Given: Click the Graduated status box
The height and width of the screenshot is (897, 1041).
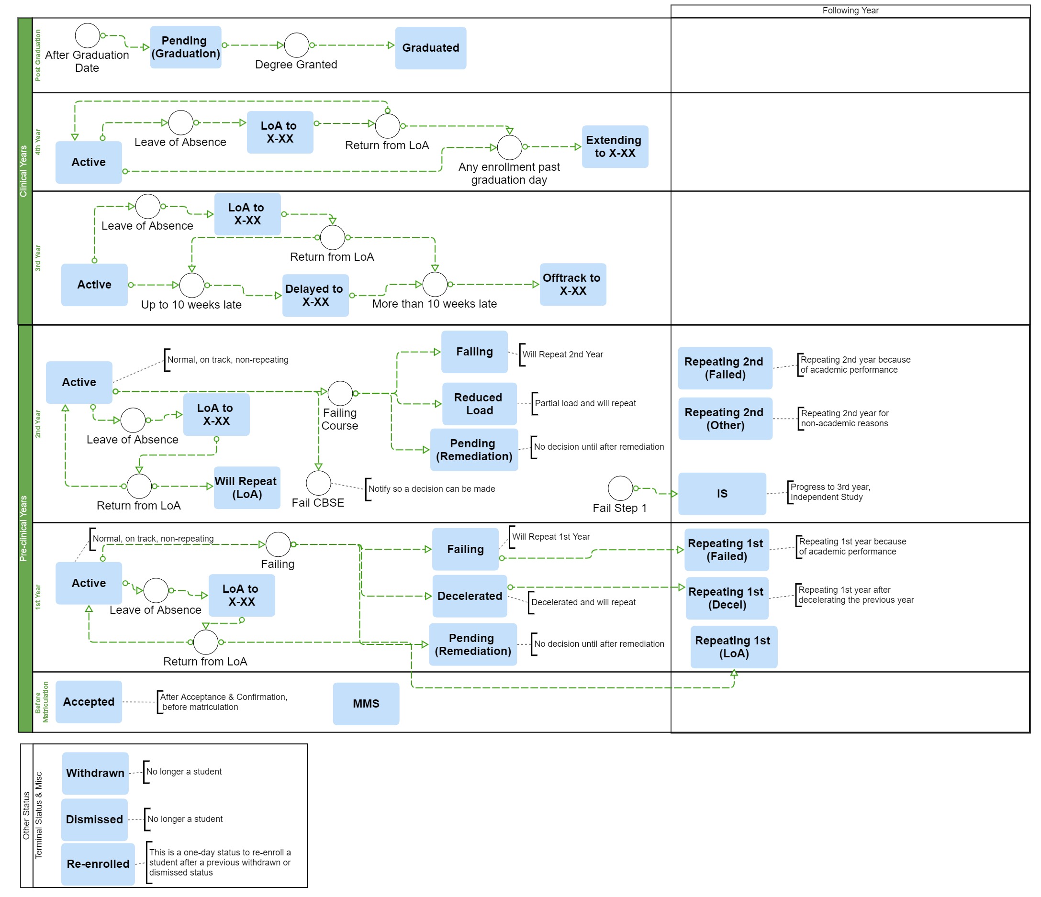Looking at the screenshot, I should pos(431,48).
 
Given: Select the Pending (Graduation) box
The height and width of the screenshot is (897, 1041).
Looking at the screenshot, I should pos(185,47).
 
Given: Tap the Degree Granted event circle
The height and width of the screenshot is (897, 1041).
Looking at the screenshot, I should pos(296,45).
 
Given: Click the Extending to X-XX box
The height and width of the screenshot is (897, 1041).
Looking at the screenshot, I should pos(615,147).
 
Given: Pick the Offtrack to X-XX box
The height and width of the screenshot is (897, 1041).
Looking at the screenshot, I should pos(572,284).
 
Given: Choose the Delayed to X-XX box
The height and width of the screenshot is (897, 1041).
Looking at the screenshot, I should pos(315,295).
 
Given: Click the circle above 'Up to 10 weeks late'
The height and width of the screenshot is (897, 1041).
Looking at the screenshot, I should pos(192,285).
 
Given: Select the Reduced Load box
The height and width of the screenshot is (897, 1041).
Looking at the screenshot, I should pos(479,404).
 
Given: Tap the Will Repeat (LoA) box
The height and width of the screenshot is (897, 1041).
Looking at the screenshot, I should pos(246,487).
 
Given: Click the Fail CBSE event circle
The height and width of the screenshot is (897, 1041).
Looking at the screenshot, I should pos(318,483).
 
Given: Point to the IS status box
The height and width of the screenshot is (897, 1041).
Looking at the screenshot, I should pos(721,494).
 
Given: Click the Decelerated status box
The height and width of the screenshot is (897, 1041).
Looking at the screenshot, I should pos(469,596).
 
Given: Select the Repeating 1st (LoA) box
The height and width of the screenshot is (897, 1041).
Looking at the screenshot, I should pos(733,647).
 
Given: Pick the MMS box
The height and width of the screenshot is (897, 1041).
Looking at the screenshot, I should pos(366,704).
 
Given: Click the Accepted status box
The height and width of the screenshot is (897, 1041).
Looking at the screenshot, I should pos(89,702).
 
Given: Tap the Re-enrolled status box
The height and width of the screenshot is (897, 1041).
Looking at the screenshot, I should pos(98,864).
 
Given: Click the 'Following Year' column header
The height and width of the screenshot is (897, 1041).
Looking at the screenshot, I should pos(850,11).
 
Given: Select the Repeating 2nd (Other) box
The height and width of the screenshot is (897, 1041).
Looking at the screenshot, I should pos(725,419).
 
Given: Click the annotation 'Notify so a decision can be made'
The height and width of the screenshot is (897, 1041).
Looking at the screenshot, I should pos(431,488).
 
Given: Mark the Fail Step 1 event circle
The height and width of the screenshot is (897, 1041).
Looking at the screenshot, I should pos(620,488).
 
